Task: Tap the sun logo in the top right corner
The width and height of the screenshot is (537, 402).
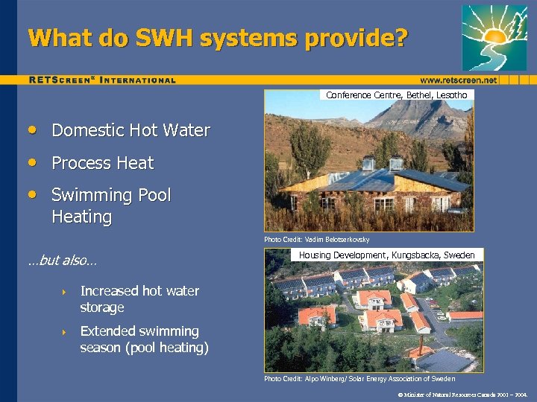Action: [494, 37]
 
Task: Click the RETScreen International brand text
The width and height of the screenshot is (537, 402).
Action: [102, 80]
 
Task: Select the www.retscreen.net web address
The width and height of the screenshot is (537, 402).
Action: [458, 80]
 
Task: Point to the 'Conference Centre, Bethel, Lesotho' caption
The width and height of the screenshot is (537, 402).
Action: [397, 95]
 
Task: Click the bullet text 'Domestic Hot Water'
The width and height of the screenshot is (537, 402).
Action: [131, 131]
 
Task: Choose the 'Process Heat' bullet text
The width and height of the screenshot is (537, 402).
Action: [102, 163]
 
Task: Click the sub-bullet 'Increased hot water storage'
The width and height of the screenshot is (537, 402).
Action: [139, 299]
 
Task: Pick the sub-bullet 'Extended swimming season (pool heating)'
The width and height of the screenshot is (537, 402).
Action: [144, 339]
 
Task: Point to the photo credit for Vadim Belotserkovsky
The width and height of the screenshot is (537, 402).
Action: [316, 240]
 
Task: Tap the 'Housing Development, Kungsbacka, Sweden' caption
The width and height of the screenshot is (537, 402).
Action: [386, 255]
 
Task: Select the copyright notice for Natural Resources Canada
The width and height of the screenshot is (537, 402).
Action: [463, 394]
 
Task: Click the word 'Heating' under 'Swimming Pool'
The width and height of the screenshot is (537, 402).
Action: [81, 217]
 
